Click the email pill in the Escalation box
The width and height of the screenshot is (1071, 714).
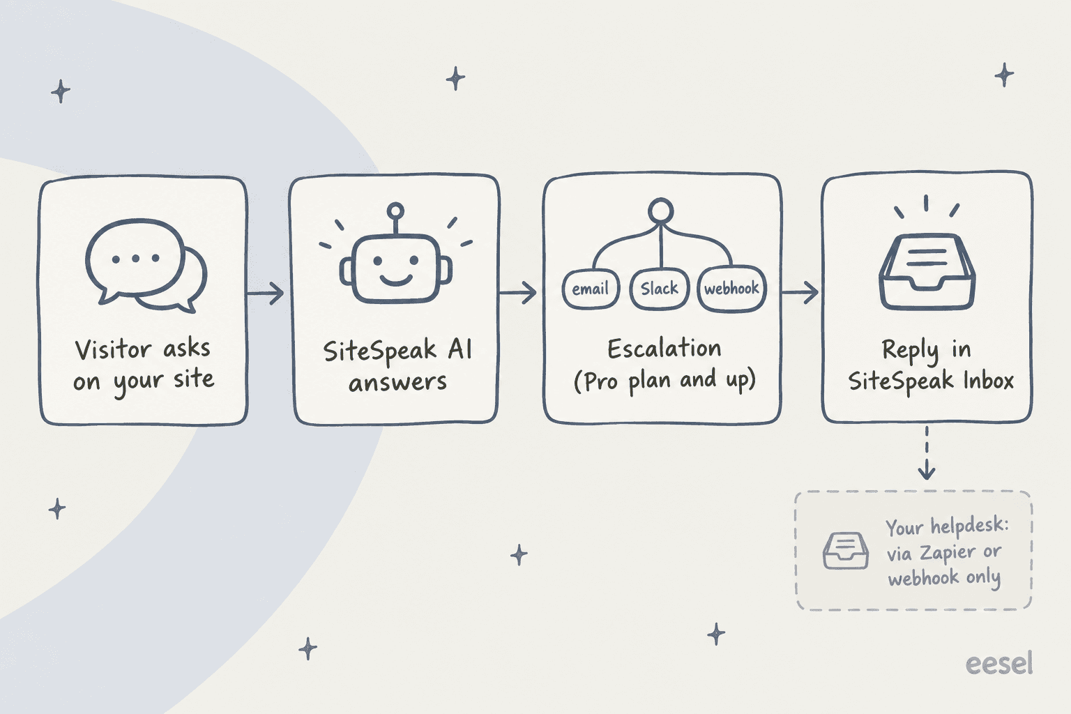tap(591, 289)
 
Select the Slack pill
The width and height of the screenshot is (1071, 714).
tap(660, 289)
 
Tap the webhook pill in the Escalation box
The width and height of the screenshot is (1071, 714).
tap(731, 289)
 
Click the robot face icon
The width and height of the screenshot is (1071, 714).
tap(395, 255)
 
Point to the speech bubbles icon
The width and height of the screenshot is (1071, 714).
tap(146, 266)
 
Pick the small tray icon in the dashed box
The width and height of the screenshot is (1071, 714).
tap(845, 550)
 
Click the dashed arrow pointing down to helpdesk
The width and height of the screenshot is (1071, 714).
tap(927, 453)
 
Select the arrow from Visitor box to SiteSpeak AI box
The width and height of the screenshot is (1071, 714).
tap(266, 293)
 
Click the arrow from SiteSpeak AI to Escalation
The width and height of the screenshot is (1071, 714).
tap(517, 292)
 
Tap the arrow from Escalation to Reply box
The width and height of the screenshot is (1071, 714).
tap(800, 292)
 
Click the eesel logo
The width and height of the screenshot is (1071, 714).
tap(998, 663)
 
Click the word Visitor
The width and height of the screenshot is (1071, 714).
tap(113, 349)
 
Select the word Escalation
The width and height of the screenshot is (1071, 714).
tap(664, 348)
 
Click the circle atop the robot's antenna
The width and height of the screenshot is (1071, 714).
tap(395, 211)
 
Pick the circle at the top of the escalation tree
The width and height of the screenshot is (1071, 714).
tap(661, 211)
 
